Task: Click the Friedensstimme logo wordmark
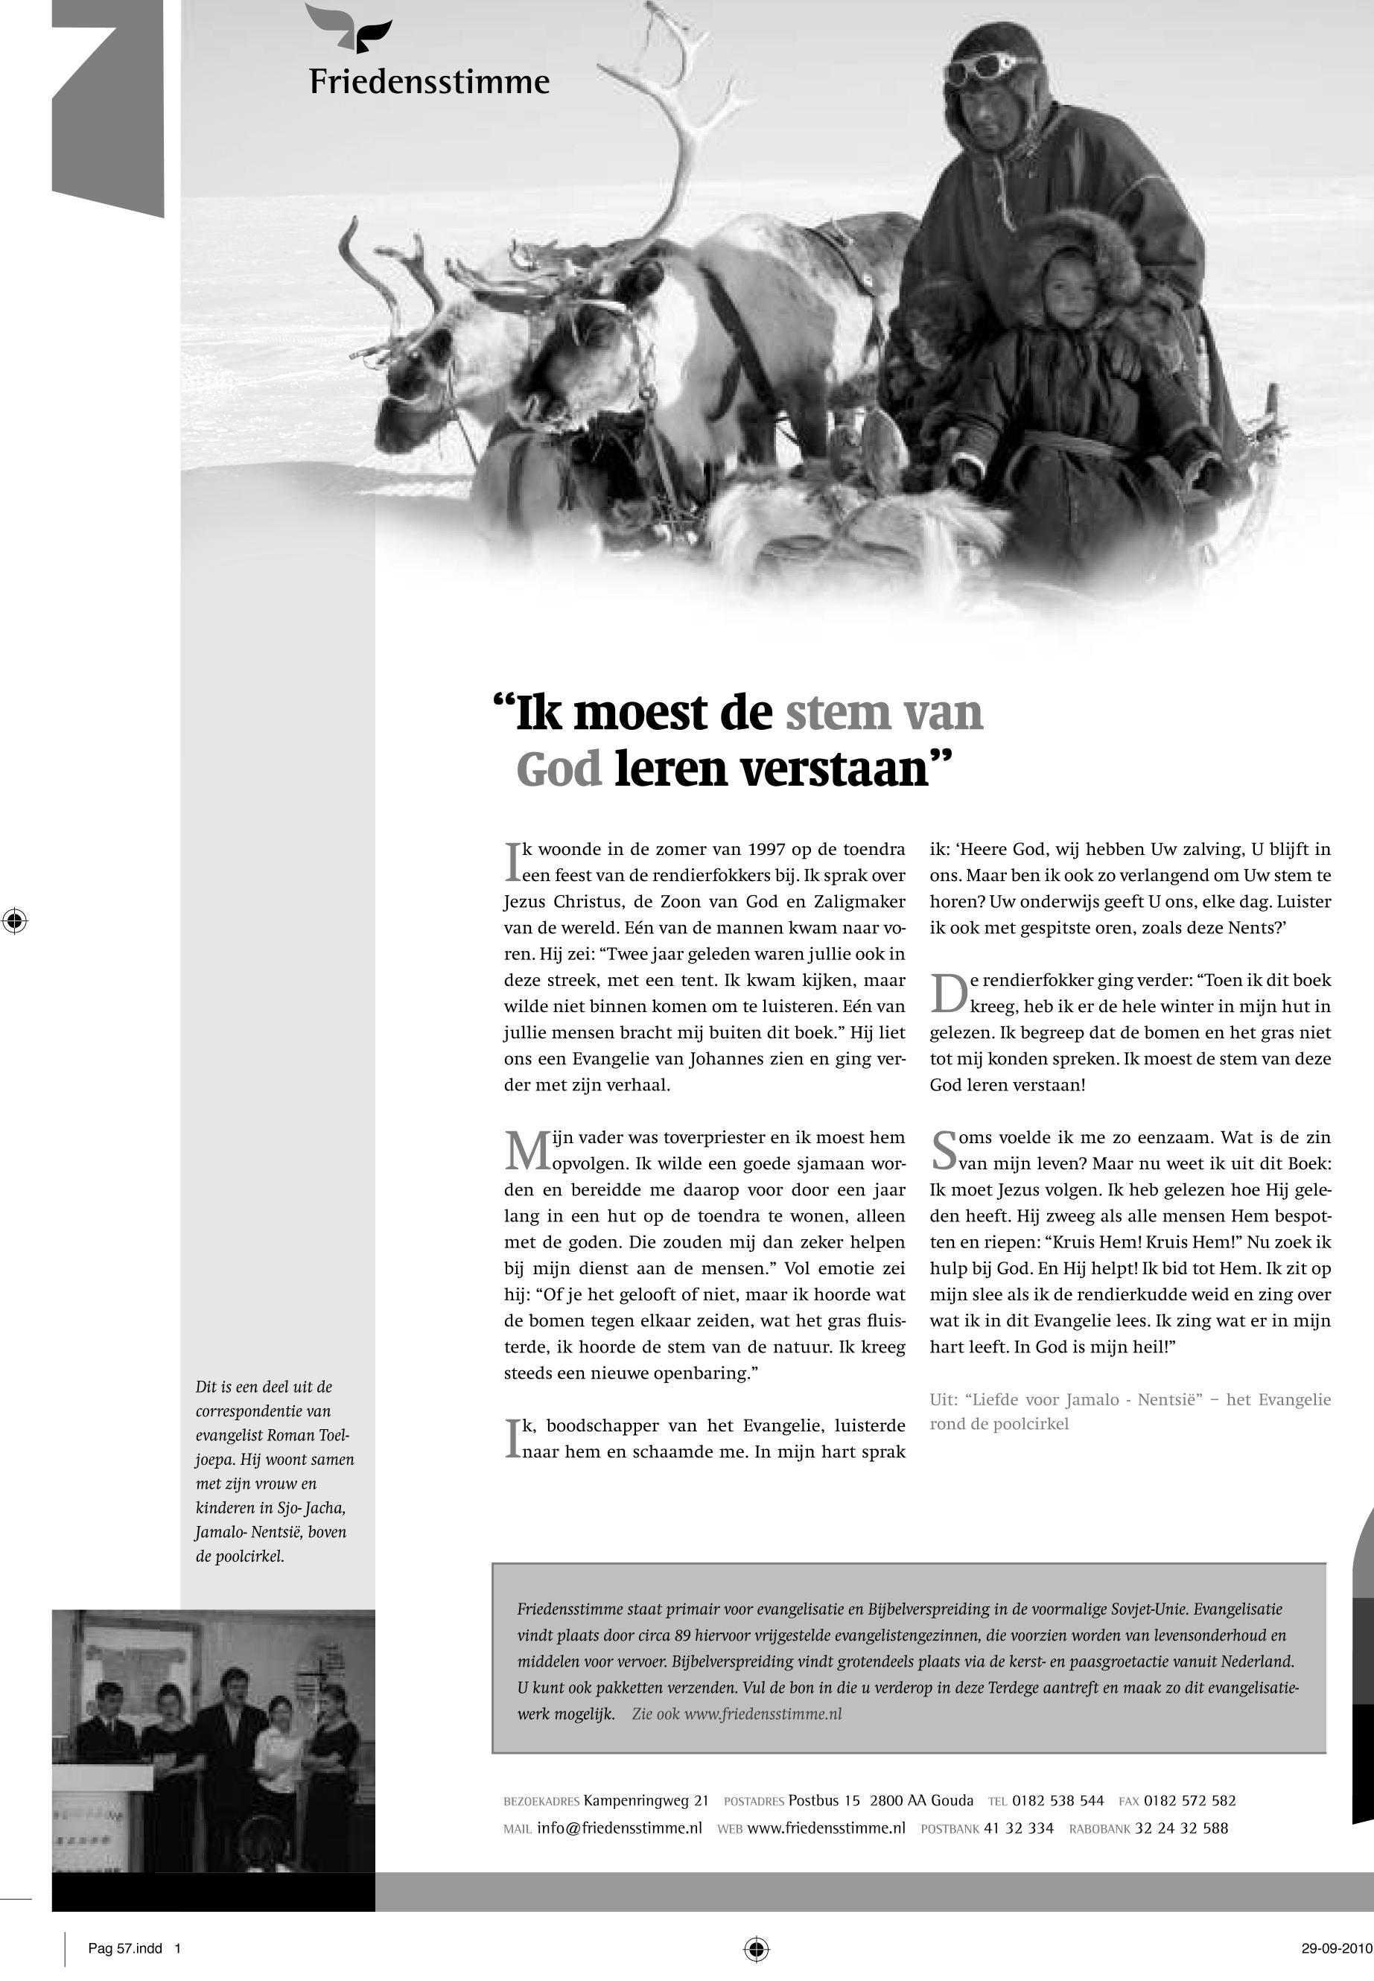(429, 82)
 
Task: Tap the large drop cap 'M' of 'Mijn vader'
(527, 1151)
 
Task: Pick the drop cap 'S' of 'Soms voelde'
(944, 1151)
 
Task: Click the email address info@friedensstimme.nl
(619, 1828)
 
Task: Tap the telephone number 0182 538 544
(1057, 1800)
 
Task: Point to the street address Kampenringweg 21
(646, 1800)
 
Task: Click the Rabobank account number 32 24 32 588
(1181, 1828)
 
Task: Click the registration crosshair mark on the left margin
(15, 921)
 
